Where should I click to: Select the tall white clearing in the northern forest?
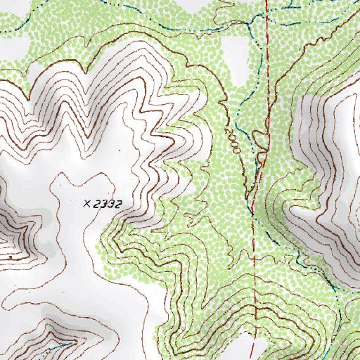(235, 60)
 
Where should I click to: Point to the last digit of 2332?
(120, 204)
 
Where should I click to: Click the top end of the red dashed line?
(267, 2)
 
